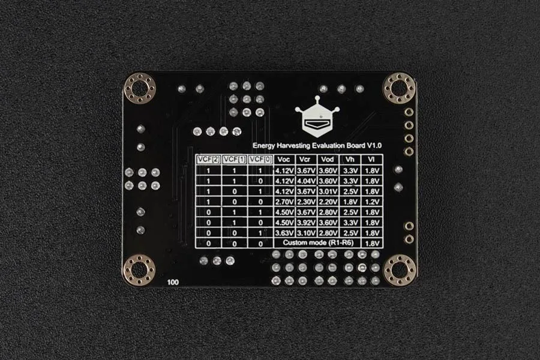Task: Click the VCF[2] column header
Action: [x=208, y=159]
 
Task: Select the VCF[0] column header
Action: [x=261, y=159]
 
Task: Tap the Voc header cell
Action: [x=284, y=159]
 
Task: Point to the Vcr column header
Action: [x=305, y=159]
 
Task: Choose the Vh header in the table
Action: [x=350, y=159]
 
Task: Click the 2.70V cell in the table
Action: [x=284, y=202]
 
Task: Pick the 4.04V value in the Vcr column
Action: [x=306, y=181]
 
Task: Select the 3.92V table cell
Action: [x=306, y=223]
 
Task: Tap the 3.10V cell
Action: [x=306, y=233]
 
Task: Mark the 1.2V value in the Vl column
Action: [x=372, y=202]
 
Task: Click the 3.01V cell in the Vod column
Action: [x=328, y=191]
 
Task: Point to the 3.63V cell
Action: [x=284, y=233]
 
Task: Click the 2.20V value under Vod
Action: [x=328, y=202]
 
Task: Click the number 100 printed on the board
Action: [x=173, y=282]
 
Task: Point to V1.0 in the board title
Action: [x=374, y=145]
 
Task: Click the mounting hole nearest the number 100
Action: [x=139, y=270]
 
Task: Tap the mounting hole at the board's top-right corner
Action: [x=399, y=88]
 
